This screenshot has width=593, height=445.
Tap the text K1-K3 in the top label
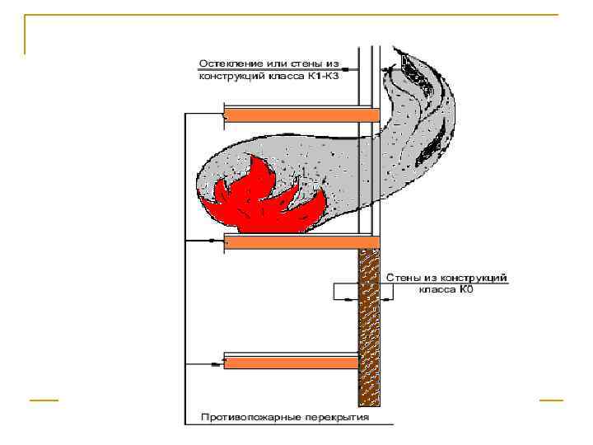pos(324,77)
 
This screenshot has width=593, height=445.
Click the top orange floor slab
pos(301,115)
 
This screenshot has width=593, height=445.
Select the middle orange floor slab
pos(301,241)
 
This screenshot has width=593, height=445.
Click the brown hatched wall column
pos(368,330)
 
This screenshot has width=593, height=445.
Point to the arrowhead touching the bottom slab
pos(223,362)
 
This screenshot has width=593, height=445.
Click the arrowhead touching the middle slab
pos(223,241)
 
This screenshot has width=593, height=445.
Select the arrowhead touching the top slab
pos(223,115)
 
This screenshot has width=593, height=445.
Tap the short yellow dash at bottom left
pos(44,400)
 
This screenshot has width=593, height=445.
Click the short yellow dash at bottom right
pos(551,400)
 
